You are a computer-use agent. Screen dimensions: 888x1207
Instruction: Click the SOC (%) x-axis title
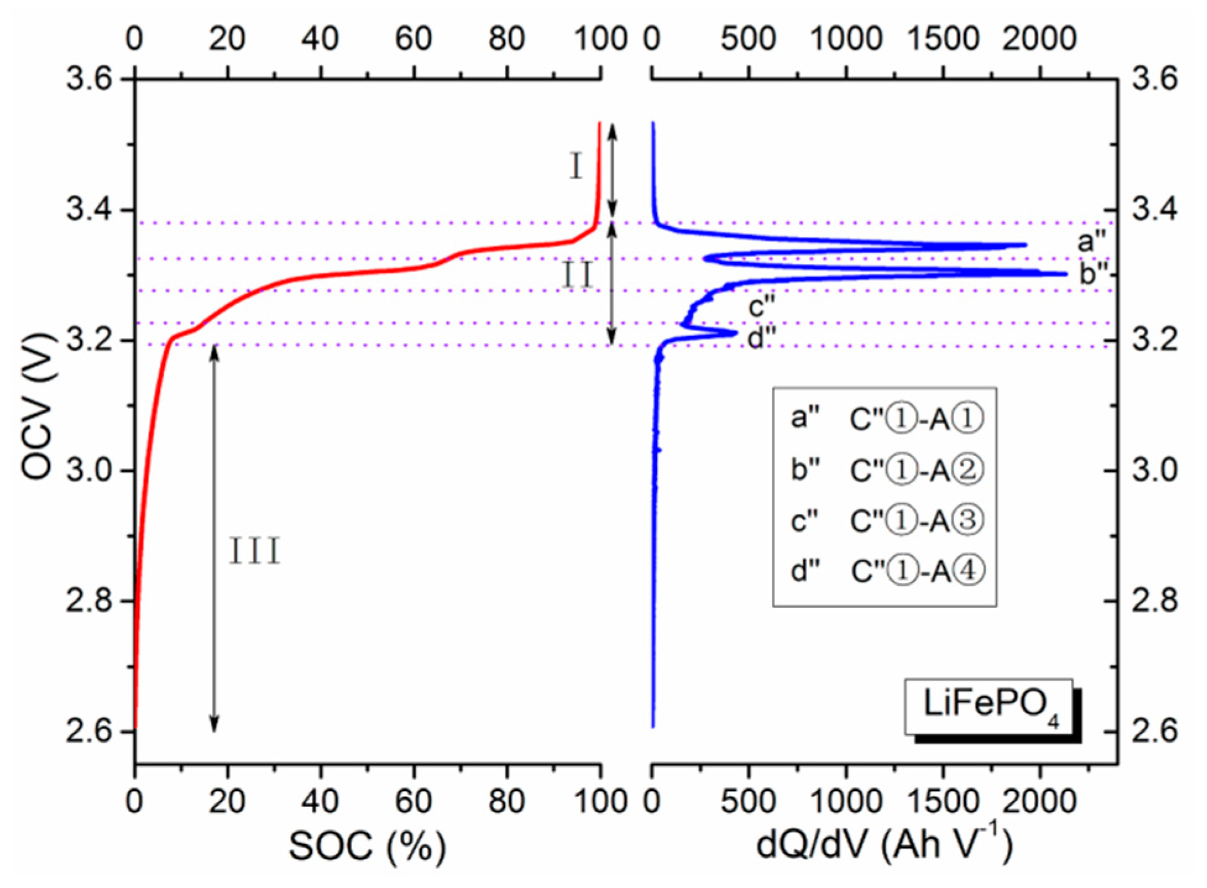[367, 846]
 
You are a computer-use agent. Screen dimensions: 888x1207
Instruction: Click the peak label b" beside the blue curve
[1095, 274]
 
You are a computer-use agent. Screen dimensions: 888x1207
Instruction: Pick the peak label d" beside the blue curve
[761, 338]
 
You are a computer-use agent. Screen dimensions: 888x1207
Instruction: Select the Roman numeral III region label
[255, 551]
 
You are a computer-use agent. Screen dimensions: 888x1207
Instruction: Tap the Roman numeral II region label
[577, 275]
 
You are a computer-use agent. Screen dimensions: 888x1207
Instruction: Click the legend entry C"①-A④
[917, 571]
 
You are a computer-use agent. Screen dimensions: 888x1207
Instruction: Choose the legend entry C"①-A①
[917, 419]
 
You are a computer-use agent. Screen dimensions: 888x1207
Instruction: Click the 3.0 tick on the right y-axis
[1154, 470]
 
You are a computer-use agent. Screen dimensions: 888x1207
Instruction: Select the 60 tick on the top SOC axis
[413, 39]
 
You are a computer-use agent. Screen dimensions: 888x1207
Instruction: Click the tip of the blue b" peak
[1066, 274]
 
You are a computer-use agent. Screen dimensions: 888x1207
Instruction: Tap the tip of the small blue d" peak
[736, 333]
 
